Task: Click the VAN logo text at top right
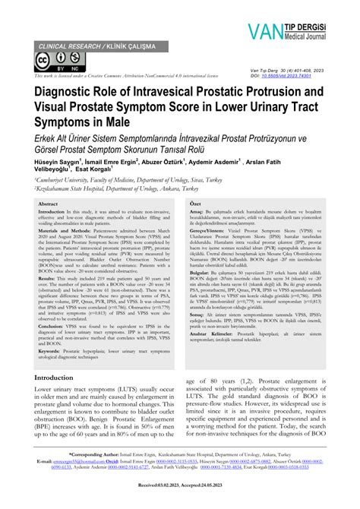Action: [x=265, y=32]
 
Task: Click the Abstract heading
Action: [x=49, y=204]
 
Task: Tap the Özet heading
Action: [x=194, y=204]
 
